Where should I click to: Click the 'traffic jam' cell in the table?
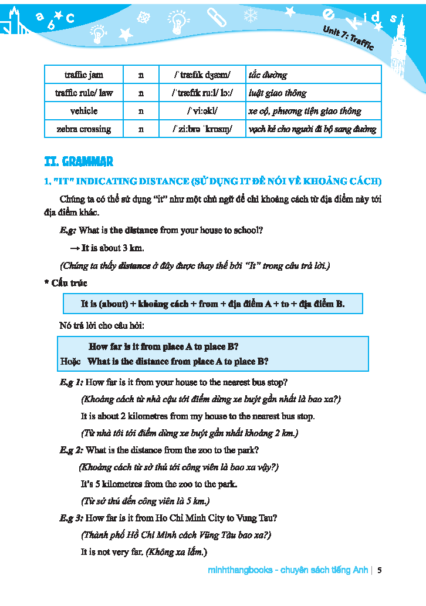pyautogui.click(x=83, y=75)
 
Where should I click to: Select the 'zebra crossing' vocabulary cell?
pyautogui.click(x=83, y=129)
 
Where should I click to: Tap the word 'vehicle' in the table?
pyautogui.click(x=83, y=110)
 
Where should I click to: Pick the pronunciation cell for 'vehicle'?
pyautogui.click(x=202, y=110)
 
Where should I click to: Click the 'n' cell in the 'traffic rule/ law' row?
pyautogui.click(x=141, y=93)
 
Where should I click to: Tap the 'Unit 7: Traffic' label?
pyautogui.click(x=348, y=39)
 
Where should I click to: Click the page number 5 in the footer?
pyautogui.click(x=380, y=570)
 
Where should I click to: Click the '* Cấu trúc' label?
pyautogui.click(x=66, y=283)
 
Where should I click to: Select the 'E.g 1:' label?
pyautogui.click(x=71, y=382)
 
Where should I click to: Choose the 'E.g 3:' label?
pyautogui.click(x=71, y=518)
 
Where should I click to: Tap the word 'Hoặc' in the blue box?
pyautogui.click(x=70, y=361)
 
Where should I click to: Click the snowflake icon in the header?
pyautogui.click(x=251, y=15)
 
